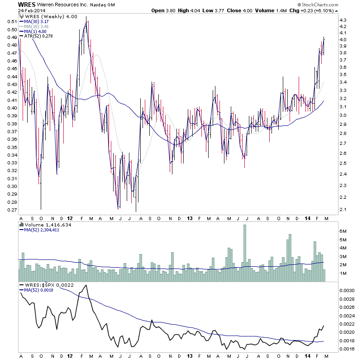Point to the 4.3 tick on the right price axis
[343, 20]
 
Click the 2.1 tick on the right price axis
[343, 209]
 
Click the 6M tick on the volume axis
[343, 230]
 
